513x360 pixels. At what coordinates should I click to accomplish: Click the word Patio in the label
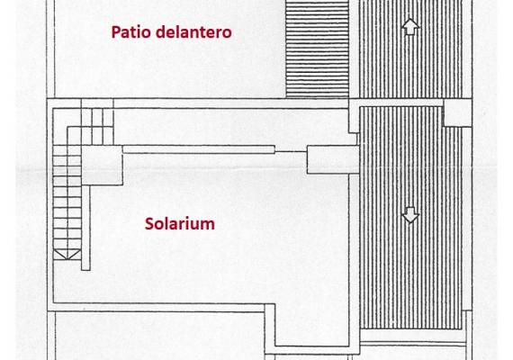pyautogui.click(x=131, y=32)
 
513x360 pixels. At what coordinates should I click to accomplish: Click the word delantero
pyautogui.click(x=193, y=32)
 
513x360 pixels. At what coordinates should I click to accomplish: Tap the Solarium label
pyautogui.click(x=180, y=224)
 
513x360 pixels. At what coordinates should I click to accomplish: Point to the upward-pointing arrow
pyautogui.click(x=410, y=26)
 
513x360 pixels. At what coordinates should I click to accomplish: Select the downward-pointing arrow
pyautogui.click(x=410, y=215)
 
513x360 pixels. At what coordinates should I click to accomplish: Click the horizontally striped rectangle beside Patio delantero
pyautogui.click(x=317, y=49)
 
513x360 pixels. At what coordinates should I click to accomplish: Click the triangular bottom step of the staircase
pyautogui.click(x=67, y=255)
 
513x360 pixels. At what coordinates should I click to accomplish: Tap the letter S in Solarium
pyautogui.click(x=149, y=224)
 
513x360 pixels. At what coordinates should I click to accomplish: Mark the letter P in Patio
pyautogui.click(x=115, y=32)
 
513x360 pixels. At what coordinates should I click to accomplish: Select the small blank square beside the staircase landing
pyautogui.click(x=102, y=166)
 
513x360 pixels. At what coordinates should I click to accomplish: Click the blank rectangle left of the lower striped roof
pyautogui.click(x=333, y=159)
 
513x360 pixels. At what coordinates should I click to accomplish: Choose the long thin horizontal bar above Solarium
pyautogui.click(x=199, y=149)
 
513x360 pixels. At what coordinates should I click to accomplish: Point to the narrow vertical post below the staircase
pyautogui.click(x=85, y=228)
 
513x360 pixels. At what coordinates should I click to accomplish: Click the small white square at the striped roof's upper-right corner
pyautogui.click(x=457, y=112)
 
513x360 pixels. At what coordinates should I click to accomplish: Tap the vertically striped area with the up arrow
pyautogui.click(x=410, y=49)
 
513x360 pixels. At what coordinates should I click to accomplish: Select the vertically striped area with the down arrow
pyautogui.click(x=410, y=218)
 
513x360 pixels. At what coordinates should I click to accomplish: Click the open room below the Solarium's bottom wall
pyautogui.click(x=159, y=336)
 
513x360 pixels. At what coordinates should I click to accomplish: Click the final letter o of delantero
pyautogui.click(x=228, y=33)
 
